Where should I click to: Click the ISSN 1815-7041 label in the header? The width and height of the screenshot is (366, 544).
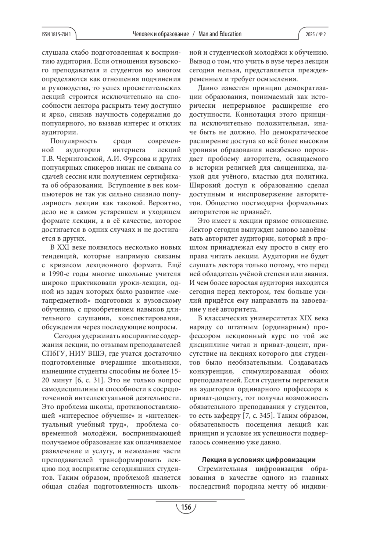pyautogui.click(x=56, y=34)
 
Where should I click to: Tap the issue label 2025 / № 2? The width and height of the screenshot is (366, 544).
pyautogui.click(x=315, y=34)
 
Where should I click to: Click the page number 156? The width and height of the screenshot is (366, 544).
pyautogui.click(x=185, y=507)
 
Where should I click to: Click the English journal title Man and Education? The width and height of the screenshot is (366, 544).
pyautogui.click(x=220, y=34)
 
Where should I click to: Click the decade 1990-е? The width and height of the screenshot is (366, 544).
pyautogui.click(x=60, y=274)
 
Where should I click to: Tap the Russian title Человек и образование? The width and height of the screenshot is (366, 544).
pyautogui.click(x=161, y=34)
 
